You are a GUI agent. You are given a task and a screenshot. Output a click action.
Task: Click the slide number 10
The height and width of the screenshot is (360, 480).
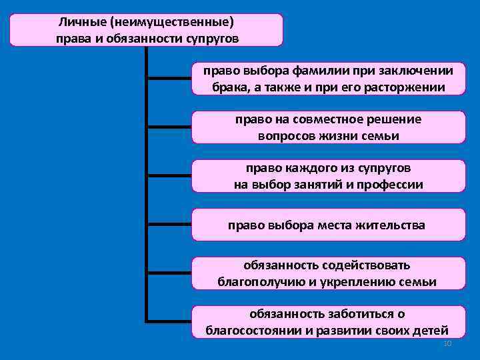point(447,343)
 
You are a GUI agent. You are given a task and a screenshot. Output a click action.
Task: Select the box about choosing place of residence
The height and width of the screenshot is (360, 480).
point(327,225)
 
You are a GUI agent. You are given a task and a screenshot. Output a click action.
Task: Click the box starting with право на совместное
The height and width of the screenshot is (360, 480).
point(327,127)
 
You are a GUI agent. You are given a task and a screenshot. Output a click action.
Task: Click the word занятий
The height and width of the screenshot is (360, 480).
point(313,184)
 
